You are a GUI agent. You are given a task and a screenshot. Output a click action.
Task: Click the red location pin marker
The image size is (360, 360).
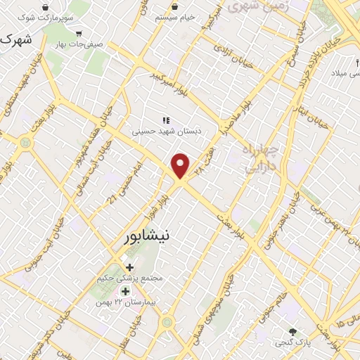pyautogui.click(x=181, y=165)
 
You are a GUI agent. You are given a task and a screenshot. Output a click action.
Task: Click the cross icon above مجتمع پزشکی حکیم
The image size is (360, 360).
pyautogui.click(x=129, y=266)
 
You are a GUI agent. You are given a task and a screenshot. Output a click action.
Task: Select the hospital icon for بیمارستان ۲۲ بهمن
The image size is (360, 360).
pyautogui.click(x=125, y=291)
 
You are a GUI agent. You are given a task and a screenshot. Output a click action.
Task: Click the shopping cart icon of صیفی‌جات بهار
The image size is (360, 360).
pyautogui.click(x=79, y=33)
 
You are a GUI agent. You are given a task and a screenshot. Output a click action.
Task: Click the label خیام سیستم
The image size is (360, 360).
pyautogui.click(x=176, y=17)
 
